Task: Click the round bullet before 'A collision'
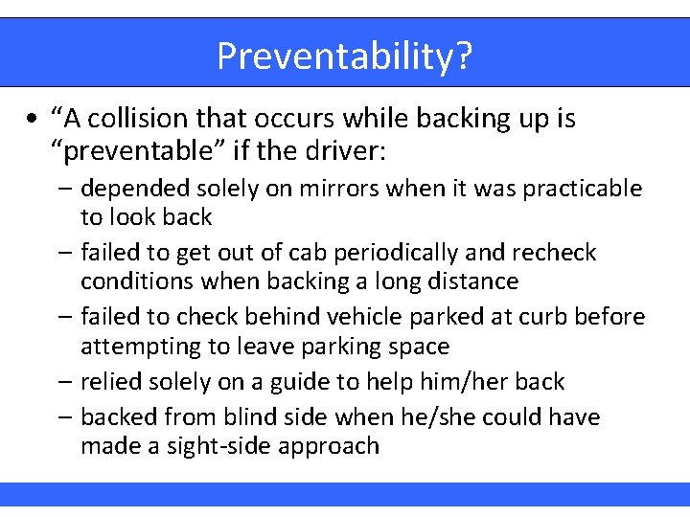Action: (33, 120)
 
